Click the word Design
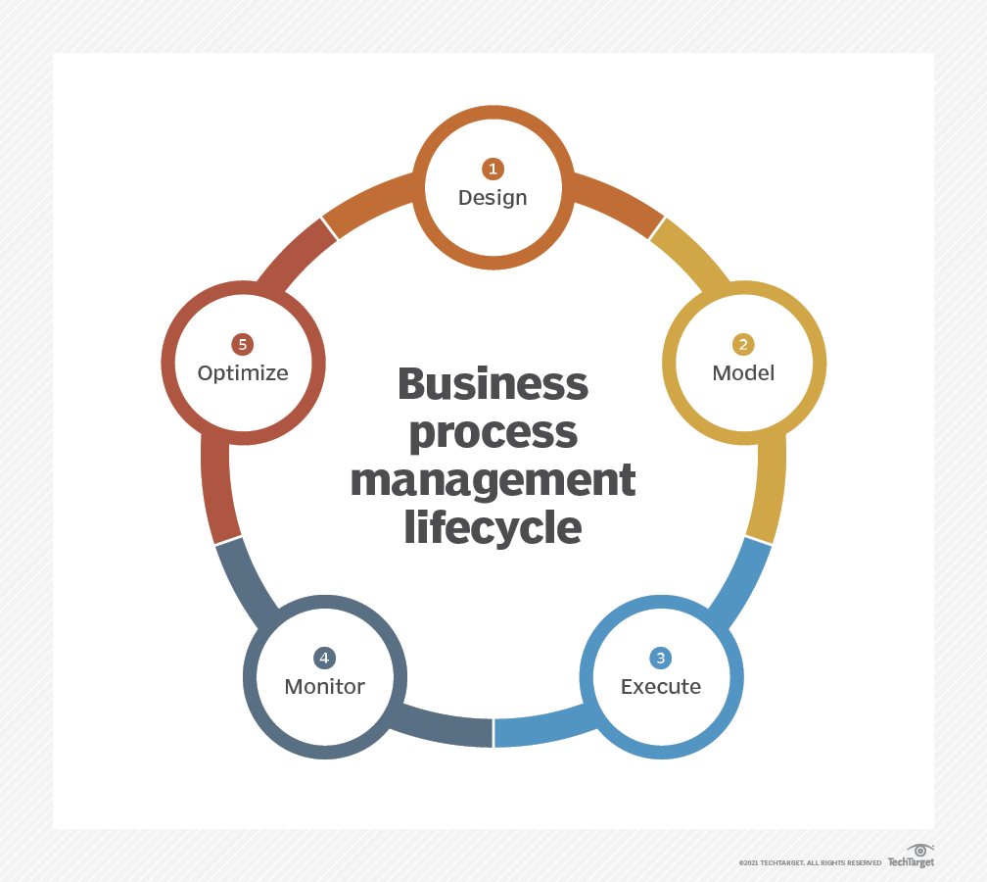[493, 197]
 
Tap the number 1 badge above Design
[493, 169]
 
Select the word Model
[743, 372]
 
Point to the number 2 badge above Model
[743, 344]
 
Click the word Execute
[661, 686]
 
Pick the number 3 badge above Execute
[661, 658]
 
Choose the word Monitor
[324, 686]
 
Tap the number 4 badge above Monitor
[324, 658]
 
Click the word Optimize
[243, 372]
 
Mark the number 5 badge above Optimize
[243, 344]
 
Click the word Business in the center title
[493, 384]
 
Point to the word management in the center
[493, 480]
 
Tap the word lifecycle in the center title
[493, 528]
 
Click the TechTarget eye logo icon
[919, 850]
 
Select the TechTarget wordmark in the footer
[911, 862]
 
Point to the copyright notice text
[810, 863]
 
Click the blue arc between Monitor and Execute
[539, 730]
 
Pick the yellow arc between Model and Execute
[769, 490]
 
